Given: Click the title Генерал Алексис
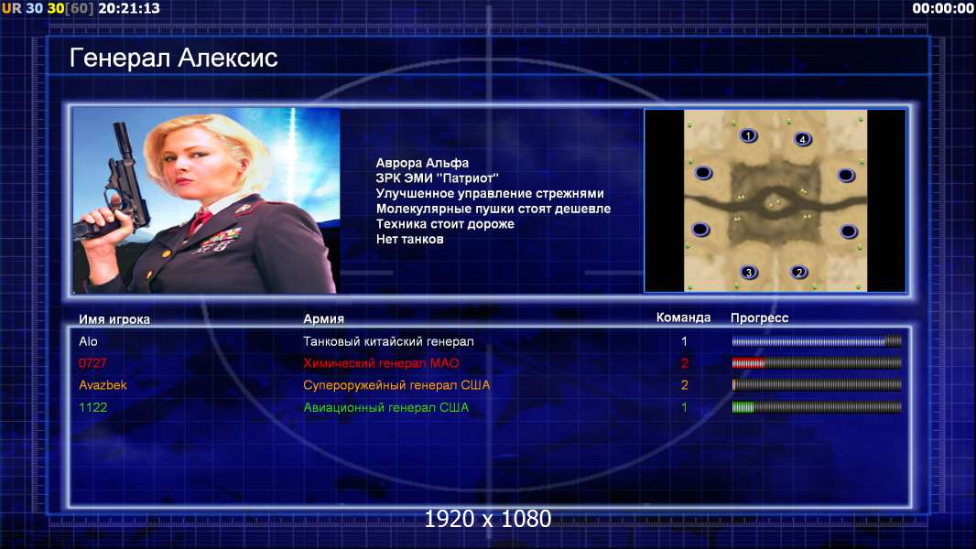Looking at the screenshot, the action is [173, 58].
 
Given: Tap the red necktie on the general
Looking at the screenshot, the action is [200, 221].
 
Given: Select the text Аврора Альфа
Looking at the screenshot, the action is [422, 163].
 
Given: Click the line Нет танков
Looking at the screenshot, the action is [409, 240].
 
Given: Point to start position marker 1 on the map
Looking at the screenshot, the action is [748, 135].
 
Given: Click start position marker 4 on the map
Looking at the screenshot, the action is [802, 139].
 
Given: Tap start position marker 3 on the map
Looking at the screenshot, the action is [749, 272].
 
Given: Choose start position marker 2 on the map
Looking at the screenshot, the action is [799, 272].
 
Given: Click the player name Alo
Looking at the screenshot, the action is [88, 341].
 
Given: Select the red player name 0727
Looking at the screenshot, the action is [92, 363].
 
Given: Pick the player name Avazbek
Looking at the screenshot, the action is [103, 385].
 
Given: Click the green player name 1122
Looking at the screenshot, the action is [92, 408].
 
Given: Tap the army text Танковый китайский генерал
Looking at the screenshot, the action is [388, 341].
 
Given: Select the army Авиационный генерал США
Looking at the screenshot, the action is [386, 408].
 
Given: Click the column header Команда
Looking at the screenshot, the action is [683, 318].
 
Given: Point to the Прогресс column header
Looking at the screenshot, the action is [759, 318].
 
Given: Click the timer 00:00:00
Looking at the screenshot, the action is [943, 8].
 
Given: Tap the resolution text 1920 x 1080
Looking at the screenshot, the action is [488, 519].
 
